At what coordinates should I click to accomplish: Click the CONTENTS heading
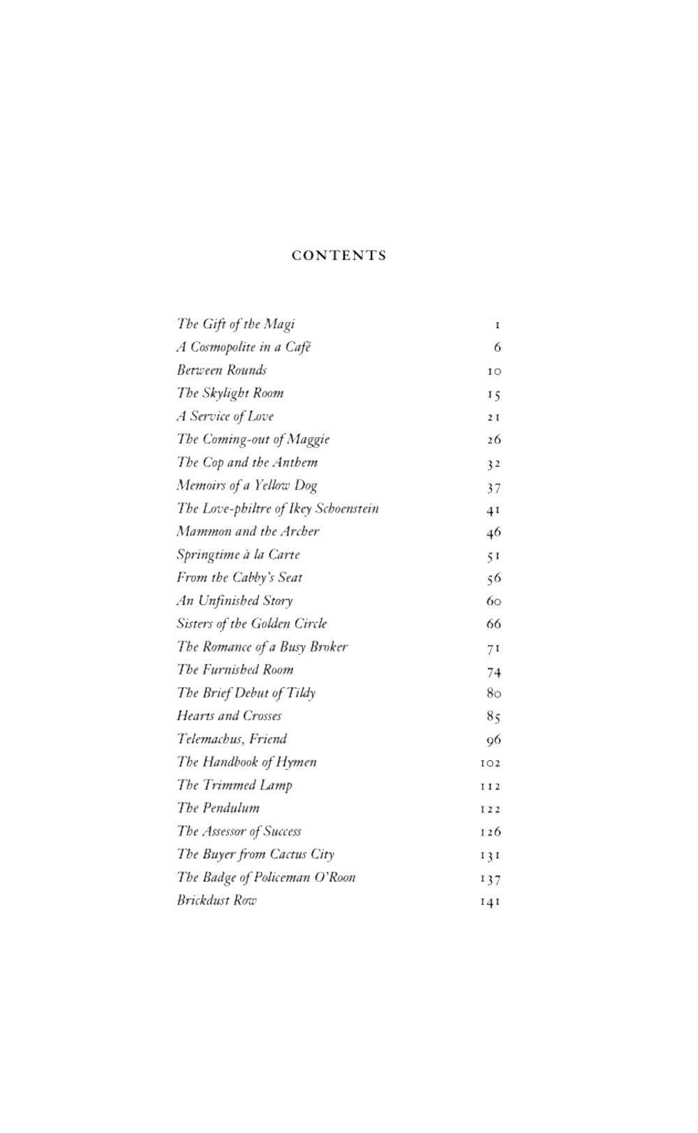[339, 256]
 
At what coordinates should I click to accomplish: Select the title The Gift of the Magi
[236, 324]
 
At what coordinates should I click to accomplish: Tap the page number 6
[497, 348]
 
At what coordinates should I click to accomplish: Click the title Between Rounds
[221, 370]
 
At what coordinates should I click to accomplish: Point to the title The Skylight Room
[230, 393]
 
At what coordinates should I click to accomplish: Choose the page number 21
[493, 417]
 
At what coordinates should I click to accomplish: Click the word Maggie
[308, 440]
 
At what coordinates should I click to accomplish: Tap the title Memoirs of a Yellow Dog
[247, 486]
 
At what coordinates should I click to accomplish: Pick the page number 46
[493, 533]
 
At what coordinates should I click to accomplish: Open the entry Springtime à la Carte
[238, 555]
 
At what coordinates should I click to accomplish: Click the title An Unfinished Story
[235, 601]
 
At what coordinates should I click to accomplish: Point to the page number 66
[493, 624]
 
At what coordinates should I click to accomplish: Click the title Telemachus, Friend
[232, 739]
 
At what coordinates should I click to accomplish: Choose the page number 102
[490, 763]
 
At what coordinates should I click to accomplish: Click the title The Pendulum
[218, 808]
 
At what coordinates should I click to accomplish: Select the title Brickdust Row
[216, 901]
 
